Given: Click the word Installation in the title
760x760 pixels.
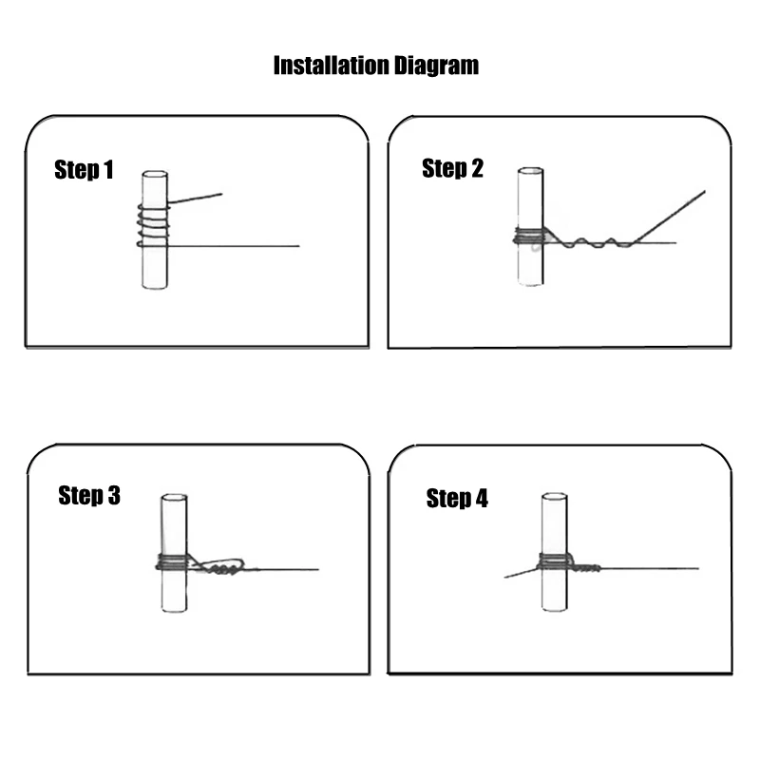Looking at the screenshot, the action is point(332,66).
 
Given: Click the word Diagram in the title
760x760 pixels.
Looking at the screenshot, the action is point(436,66).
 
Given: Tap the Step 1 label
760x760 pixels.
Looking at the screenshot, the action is point(84,170).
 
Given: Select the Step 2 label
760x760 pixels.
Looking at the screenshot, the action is point(453,168).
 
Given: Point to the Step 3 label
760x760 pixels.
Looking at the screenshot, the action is point(89,495).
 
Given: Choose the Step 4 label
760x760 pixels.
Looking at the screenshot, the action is point(457,498).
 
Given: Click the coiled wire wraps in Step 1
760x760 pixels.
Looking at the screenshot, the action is point(154,225).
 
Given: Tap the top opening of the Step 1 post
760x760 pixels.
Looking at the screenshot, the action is point(155,174).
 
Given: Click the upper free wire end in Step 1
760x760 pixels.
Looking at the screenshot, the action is point(222,195).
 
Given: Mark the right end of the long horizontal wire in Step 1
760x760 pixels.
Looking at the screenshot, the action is point(299,246).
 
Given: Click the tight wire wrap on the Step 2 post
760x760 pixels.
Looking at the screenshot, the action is point(529,236).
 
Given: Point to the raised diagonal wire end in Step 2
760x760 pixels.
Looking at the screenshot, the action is point(704,192).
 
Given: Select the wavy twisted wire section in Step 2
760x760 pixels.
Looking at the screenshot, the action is point(589,242).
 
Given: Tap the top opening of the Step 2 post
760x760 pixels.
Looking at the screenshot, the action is point(531,171).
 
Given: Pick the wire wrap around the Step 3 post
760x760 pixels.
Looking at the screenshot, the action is point(172,562).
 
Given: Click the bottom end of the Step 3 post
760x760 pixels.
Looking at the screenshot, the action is point(174,609).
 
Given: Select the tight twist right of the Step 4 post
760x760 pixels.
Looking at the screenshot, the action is point(586,567).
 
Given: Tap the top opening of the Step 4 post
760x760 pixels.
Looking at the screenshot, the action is point(555,496).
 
